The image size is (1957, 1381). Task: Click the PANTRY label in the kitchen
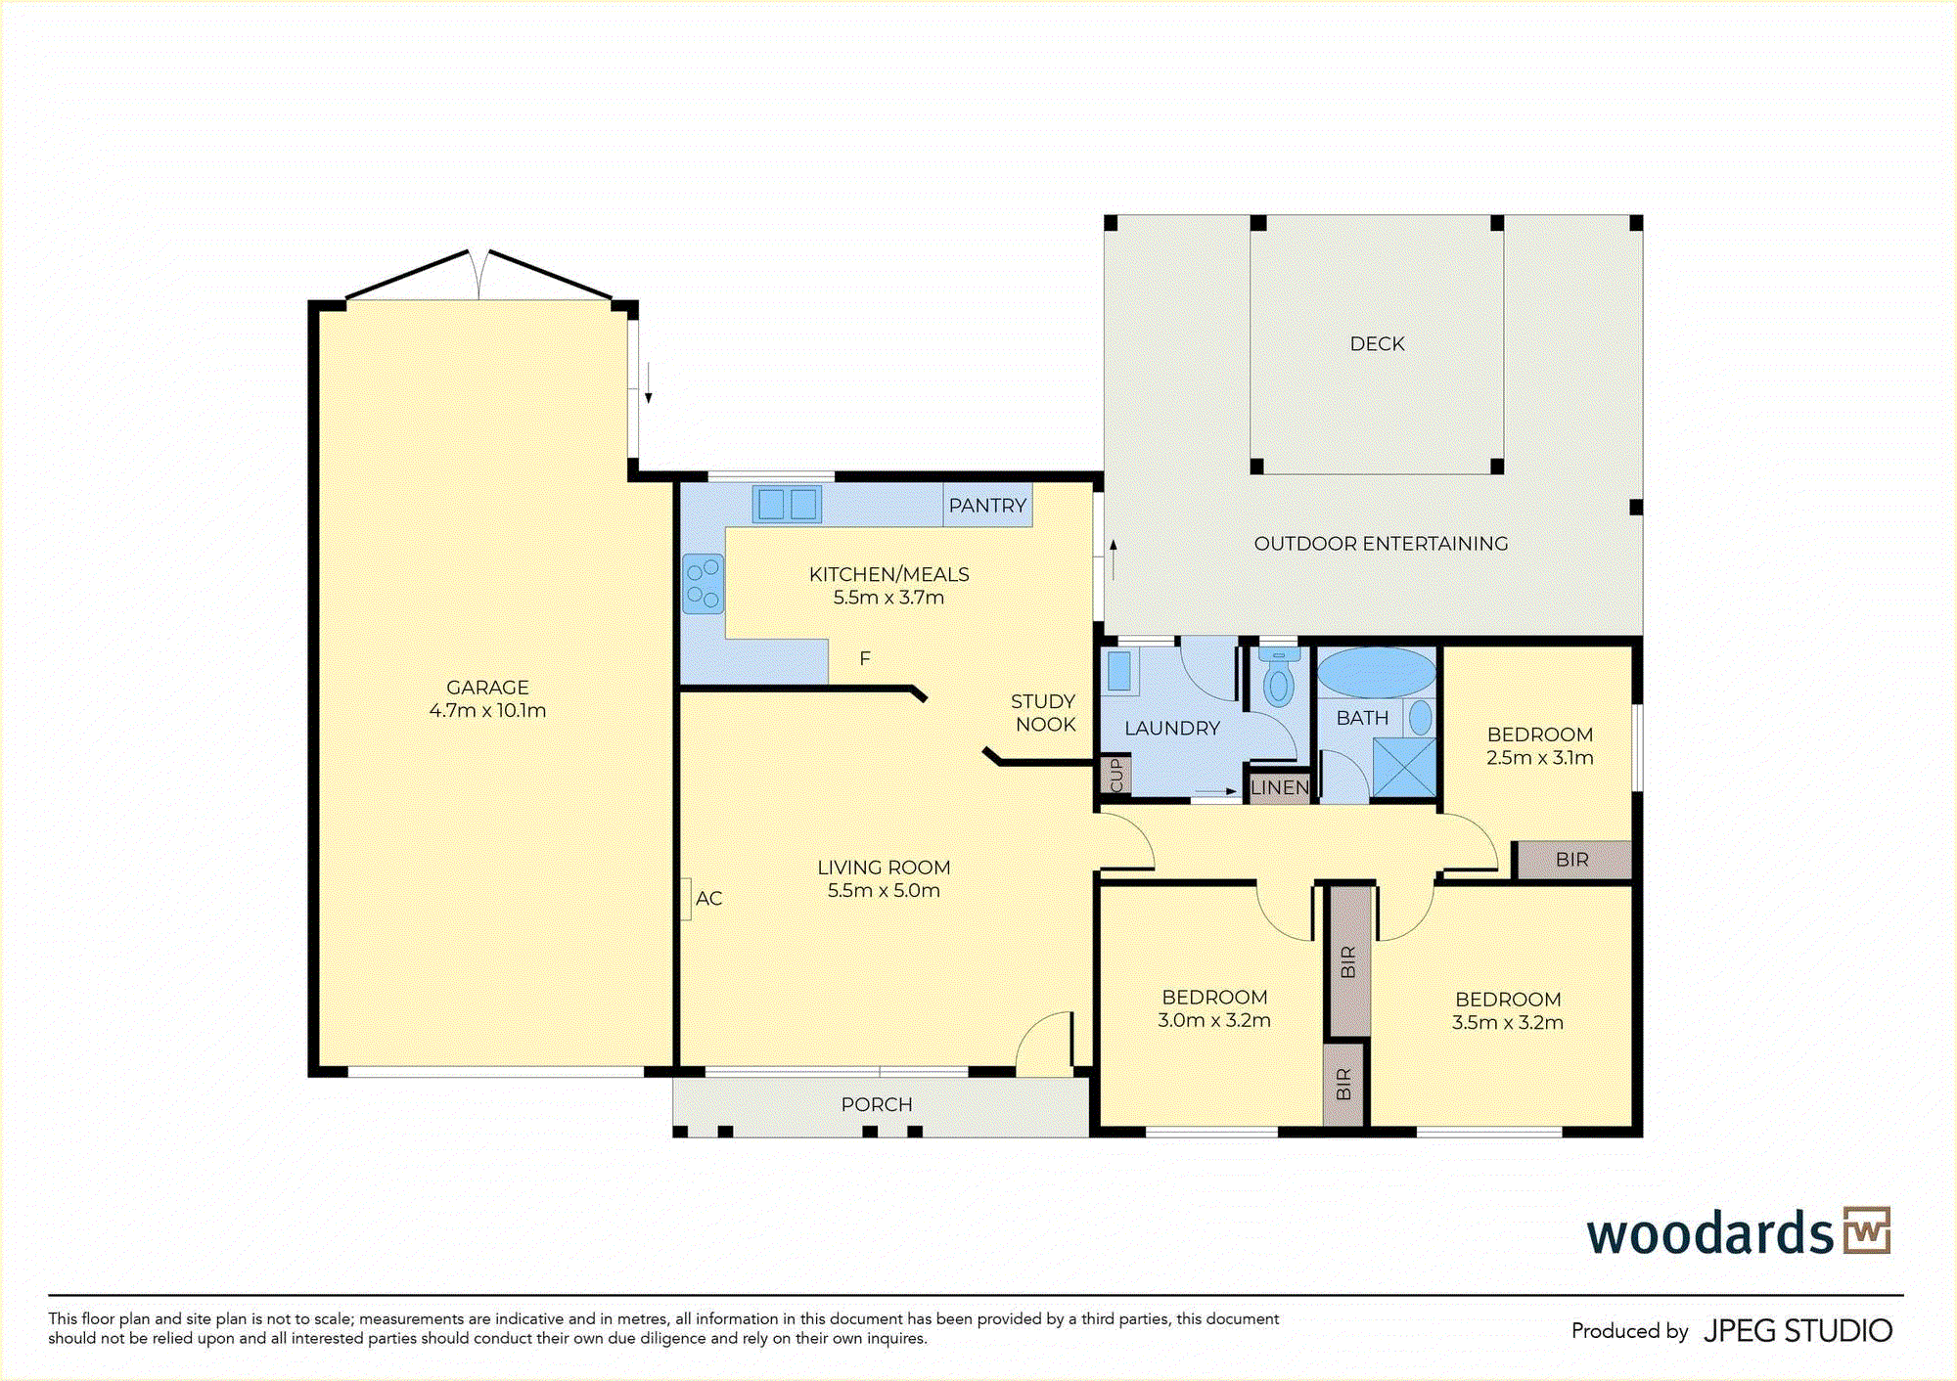coord(987,506)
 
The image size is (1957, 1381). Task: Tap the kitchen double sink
coord(787,505)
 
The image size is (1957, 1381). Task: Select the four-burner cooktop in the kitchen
coord(703,584)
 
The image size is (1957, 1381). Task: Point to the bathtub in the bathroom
coord(1376,673)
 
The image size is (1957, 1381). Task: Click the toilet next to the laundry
coord(1278,676)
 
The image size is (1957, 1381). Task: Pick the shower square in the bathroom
coord(1404,768)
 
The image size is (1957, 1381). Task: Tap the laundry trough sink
coord(1119,672)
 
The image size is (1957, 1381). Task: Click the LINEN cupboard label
coord(1279,787)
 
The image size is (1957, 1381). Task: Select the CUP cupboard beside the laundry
coord(1116,775)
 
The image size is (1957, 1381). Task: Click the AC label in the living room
coord(708,898)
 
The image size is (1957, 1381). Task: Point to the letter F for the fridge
coord(865,659)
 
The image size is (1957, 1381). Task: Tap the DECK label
coord(1377,344)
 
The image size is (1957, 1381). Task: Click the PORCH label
coord(877,1104)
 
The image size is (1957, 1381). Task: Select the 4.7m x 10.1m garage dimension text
coord(487,711)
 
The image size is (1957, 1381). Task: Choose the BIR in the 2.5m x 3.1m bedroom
coord(1572,860)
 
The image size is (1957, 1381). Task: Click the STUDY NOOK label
coord(1044,713)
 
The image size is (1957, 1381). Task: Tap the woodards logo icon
coord(1867,1230)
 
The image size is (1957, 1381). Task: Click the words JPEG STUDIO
coord(1798,1331)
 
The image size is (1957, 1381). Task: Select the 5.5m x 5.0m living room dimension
coord(884,891)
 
